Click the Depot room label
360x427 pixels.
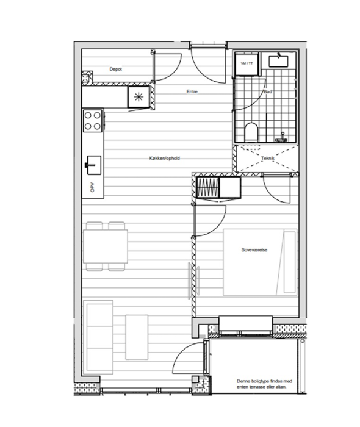click(x=115, y=69)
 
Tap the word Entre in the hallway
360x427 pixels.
click(x=192, y=91)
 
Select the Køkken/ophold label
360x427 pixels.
click(x=165, y=158)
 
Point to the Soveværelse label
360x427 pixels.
click(x=254, y=249)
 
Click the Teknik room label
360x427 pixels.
click(x=268, y=158)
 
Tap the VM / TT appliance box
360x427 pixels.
click(x=247, y=64)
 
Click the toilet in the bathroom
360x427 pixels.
click(x=251, y=132)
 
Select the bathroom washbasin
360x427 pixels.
click(x=278, y=61)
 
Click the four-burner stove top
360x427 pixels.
click(x=93, y=121)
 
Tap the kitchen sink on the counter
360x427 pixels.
click(x=94, y=165)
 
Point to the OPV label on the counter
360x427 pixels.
click(x=92, y=187)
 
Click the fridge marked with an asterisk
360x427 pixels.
click(x=139, y=97)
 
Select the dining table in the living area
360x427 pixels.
click(x=106, y=246)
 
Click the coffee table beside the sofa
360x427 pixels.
click(x=137, y=337)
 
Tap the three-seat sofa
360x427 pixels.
click(x=98, y=337)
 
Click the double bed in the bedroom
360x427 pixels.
click(x=260, y=262)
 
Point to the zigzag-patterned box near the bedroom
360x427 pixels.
click(x=208, y=187)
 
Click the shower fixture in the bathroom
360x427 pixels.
click(x=281, y=138)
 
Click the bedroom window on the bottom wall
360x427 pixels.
click(x=246, y=333)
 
